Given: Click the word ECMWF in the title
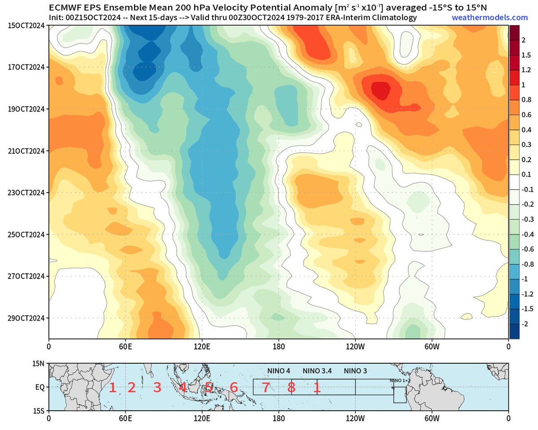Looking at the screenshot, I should (66, 7).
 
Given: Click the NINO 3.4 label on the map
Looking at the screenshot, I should (317, 371).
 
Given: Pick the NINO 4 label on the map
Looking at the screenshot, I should (279, 371).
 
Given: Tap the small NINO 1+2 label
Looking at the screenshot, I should (400, 381).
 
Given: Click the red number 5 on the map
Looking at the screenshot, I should (208, 387).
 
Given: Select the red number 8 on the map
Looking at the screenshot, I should (291, 387).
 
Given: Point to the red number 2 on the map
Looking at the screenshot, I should (131, 387).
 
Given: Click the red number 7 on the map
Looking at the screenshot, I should (265, 387).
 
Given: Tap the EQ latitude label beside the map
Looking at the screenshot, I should (38, 387).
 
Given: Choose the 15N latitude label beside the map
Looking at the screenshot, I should (38, 364).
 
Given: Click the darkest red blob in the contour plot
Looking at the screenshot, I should (379, 89).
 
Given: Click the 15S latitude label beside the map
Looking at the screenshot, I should (38, 410).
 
